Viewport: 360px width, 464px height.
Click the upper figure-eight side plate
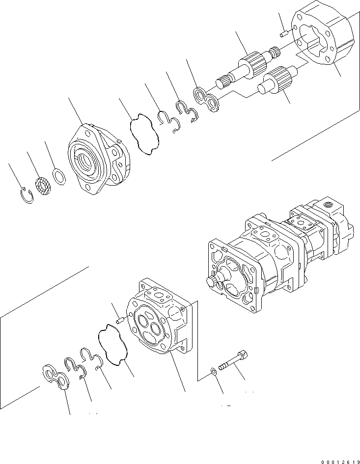(x=207, y=100)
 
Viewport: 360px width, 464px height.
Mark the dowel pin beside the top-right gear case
(x=284, y=33)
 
